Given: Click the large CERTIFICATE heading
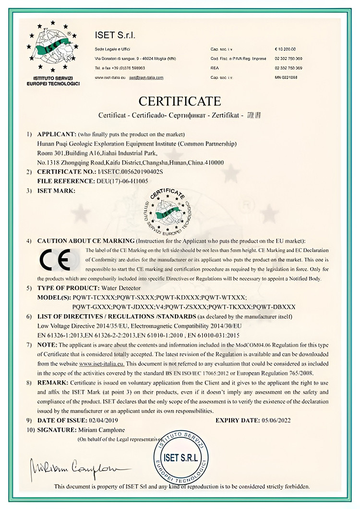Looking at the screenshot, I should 180,101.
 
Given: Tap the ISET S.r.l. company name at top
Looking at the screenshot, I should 115,36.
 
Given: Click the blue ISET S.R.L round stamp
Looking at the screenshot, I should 180,456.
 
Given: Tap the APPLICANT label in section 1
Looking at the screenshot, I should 57,133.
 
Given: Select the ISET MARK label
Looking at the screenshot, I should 57,190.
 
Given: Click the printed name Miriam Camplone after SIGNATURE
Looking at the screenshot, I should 102,429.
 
